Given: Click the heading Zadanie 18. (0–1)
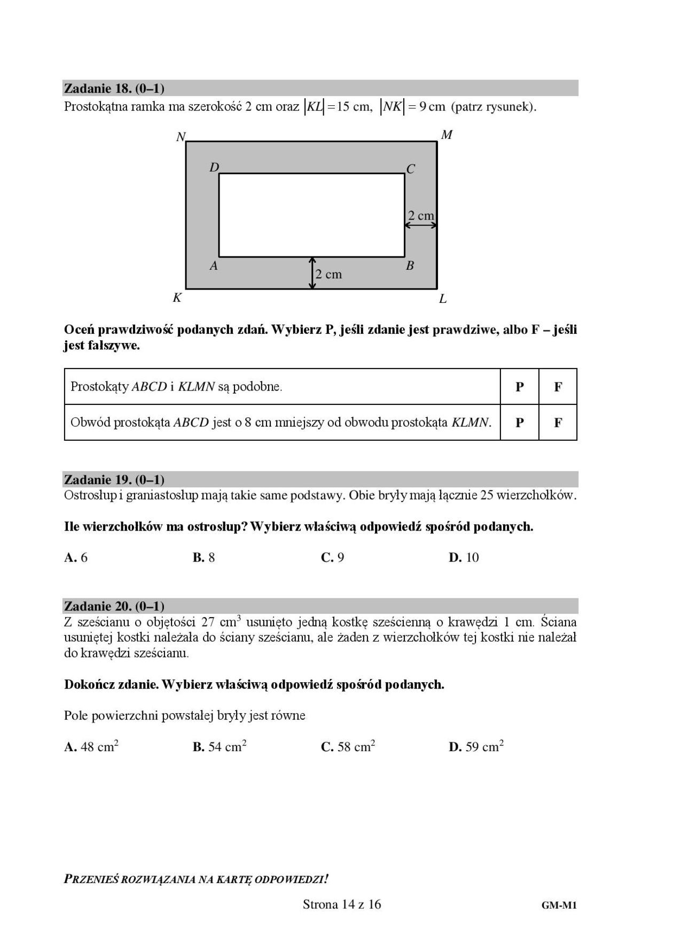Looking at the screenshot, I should coord(114,88).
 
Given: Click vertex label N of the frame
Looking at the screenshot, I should coord(181,137).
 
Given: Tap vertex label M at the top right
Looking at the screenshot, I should coord(447,135).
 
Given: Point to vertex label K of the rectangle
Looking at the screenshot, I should coord(177,298).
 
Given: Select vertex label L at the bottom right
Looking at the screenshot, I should coord(443,299).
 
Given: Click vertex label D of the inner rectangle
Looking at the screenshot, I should coord(214,168).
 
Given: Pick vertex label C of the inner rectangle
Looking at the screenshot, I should coord(411,169).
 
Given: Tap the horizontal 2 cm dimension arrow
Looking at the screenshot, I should coord(421,225).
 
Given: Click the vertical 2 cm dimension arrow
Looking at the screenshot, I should coord(312,273).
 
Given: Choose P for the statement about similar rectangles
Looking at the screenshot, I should coord(519,387).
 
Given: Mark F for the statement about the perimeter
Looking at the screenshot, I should coord(558,423).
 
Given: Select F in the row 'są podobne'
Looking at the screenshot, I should coord(558,387).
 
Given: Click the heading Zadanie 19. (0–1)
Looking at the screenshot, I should coord(114,479).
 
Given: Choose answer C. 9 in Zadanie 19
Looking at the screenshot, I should coord(333,558).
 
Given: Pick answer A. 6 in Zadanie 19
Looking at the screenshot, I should coord(76,558).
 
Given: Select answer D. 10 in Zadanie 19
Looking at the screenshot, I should coord(464,558).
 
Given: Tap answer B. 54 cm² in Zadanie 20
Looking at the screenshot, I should coord(220,746).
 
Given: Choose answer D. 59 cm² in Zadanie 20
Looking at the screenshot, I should coord(476,746).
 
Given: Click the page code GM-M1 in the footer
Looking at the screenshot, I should coord(559,905).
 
